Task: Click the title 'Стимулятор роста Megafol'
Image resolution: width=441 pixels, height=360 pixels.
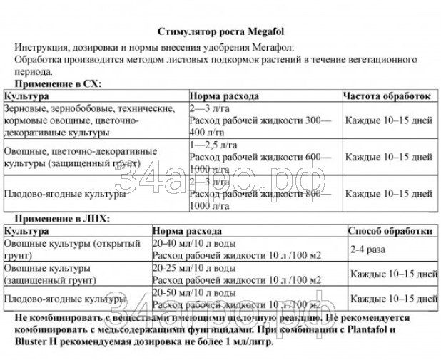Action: point(220,31)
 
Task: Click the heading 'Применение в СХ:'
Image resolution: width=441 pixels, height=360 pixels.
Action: point(57,84)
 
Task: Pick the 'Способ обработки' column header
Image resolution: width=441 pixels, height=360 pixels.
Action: point(390,232)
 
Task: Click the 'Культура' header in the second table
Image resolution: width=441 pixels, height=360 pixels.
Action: point(26,232)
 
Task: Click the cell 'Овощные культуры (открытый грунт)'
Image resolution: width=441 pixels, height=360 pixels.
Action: point(72,250)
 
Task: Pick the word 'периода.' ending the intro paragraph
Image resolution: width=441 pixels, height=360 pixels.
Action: point(32,71)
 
